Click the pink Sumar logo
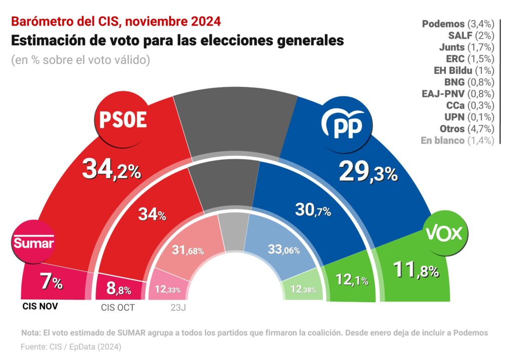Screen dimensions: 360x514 click(x=33, y=243)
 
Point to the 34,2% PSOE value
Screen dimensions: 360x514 click(x=111, y=170)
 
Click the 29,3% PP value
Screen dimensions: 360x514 click(x=368, y=172)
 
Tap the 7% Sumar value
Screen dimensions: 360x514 click(x=51, y=282)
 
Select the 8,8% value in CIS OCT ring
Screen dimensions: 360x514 click(x=119, y=288)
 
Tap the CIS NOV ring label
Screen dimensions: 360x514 click(x=40, y=306)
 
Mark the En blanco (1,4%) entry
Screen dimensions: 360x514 click(x=457, y=141)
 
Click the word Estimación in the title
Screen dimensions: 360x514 click(x=52, y=40)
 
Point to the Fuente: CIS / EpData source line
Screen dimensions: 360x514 click(x=71, y=346)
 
